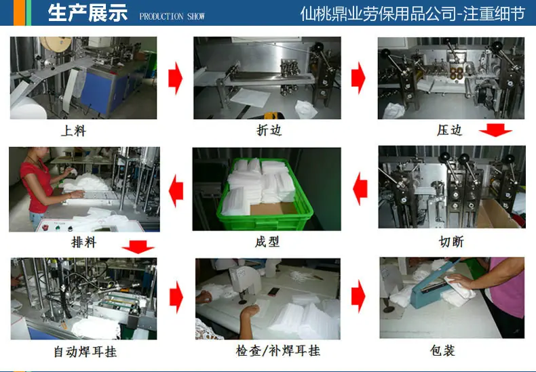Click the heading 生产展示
point(88,13)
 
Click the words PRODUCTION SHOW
point(172,16)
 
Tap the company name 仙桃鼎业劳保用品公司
point(378,14)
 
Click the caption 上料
point(73,131)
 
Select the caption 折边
point(269,130)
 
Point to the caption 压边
point(449,130)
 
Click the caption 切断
point(451,242)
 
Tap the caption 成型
point(267,242)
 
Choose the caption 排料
point(83,243)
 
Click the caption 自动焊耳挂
point(85,352)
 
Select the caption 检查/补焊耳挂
point(278,350)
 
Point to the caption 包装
point(442,350)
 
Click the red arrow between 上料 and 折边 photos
point(175,78)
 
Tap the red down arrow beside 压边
point(495,130)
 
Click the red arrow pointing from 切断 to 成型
point(360,189)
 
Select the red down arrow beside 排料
point(138,247)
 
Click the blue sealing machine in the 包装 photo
point(432,292)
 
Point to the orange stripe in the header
point(19,13)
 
